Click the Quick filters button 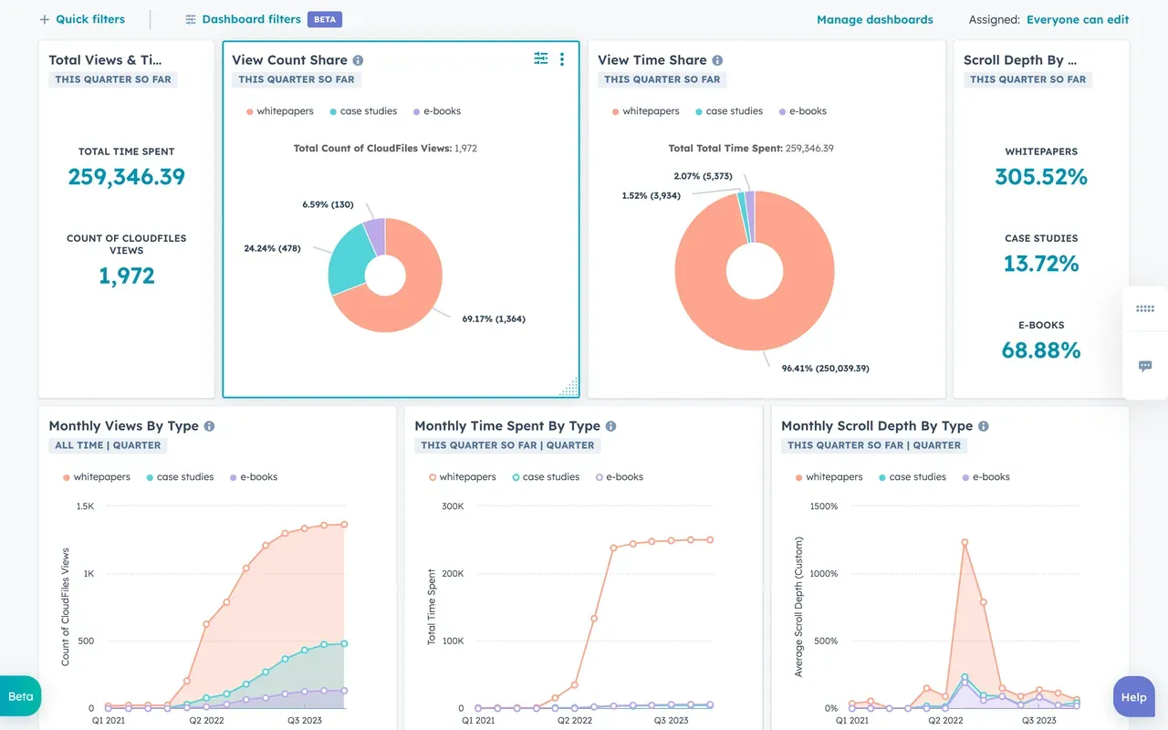[x=82, y=19]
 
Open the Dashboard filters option [x=243, y=19]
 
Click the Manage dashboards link [x=874, y=19]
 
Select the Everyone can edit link [x=1077, y=19]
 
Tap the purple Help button [x=1133, y=697]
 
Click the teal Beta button [x=20, y=696]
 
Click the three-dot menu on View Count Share [x=562, y=59]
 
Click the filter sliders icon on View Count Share [x=541, y=59]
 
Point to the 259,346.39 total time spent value [x=126, y=177]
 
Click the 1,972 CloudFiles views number [x=126, y=276]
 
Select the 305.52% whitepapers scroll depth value [x=1041, y=177]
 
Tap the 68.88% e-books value [x=1041, y=350]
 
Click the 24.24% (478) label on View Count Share [x=272, y=248]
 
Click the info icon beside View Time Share [x=717, y=60]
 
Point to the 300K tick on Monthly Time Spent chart [x=452, y=506]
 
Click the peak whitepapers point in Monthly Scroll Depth [x=965, y=542]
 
